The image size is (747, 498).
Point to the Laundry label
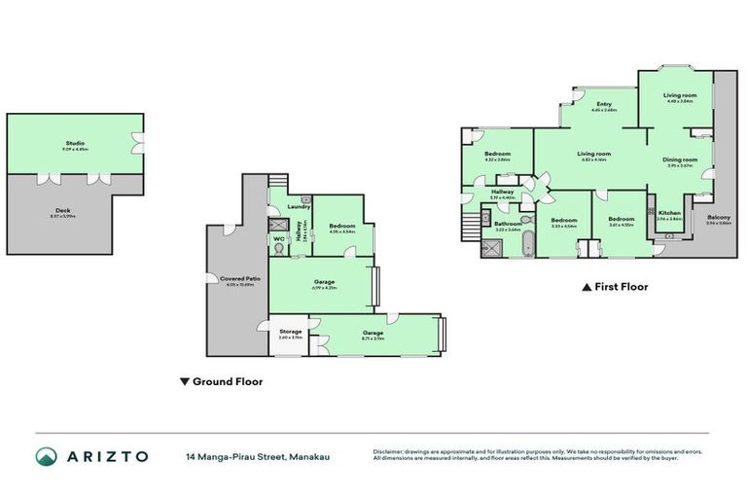tap(298, 206)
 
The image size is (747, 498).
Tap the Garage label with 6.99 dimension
tap(324, 283)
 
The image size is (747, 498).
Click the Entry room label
tap(604, 104)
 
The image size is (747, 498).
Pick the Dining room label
tap(680, 160)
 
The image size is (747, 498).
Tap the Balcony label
tap(719, 217)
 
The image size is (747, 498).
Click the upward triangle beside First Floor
tap(586, 287)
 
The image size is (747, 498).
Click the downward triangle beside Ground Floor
tap(185, 382)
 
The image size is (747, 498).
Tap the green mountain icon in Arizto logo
tap(46, 456)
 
